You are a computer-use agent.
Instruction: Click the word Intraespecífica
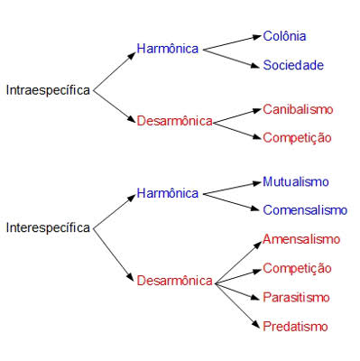pos(48,90)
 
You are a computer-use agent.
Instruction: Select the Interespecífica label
pos(48,227)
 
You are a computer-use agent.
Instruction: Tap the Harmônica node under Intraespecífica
pos(168,49)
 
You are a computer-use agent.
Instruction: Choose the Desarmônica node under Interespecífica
pos(175,281)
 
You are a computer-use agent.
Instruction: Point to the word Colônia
pos(284,36)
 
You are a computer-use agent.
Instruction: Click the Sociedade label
pos(293,65)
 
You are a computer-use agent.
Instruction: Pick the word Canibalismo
pos(298,109)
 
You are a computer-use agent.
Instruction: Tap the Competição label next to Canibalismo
pos(297,138)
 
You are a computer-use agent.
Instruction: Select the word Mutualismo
pos(296,181)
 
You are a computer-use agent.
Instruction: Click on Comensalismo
pos(305,210)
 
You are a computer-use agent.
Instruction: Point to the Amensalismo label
pos(301,239)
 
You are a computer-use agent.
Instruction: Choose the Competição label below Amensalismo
pos(297,269)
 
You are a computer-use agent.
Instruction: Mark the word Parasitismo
pos(296,298)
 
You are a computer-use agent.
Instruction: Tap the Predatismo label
pos(295,327)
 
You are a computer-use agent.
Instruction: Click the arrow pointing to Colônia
pos(232,43)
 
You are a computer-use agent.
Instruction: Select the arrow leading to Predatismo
pos(237,306)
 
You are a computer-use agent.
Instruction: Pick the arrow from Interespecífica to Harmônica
pos(115,211)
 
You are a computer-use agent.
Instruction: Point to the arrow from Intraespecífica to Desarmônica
pos(115,106)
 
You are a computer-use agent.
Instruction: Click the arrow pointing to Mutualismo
pos(232,188)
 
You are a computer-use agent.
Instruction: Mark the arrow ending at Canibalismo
pos(237,116)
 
